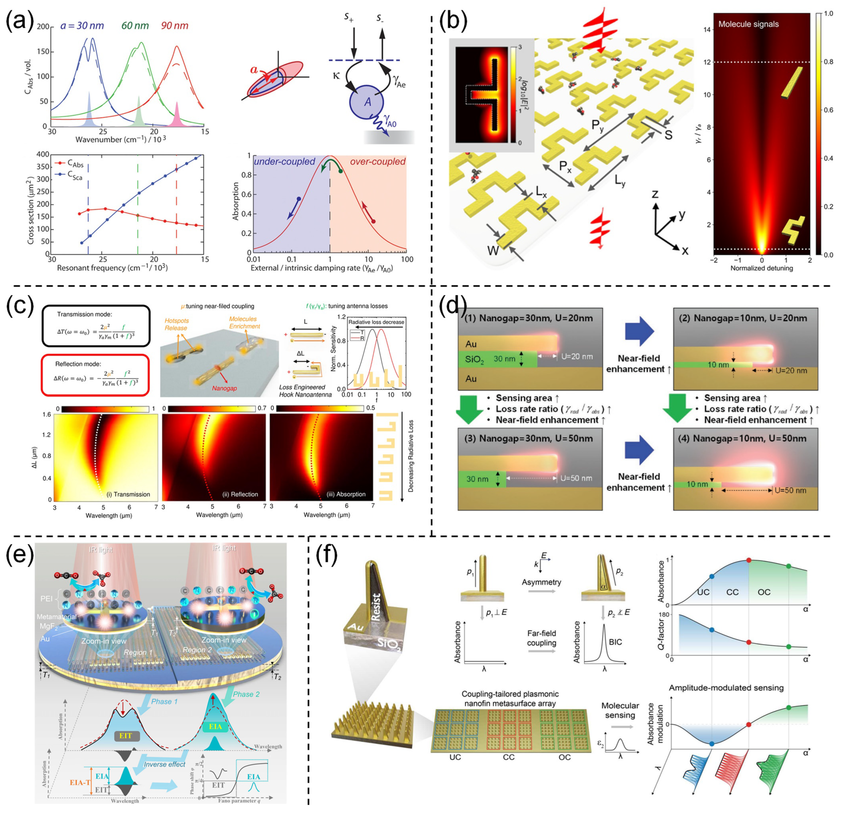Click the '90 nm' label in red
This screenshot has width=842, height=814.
(x=175, y=26)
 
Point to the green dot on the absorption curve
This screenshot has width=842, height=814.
(x=340, y=172)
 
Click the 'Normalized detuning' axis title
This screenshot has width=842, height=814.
(x=762, y=268)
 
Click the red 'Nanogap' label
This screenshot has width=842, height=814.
(x=224, y=388)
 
